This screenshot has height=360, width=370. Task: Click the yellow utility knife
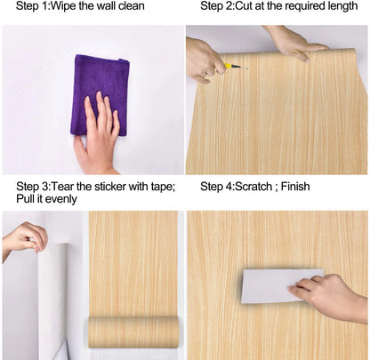coord(236,65)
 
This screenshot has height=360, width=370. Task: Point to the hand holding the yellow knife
coord(206,60)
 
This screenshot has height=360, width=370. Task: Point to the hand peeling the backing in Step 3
coord(25,237)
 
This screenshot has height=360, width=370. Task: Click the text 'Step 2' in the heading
coord(219,6)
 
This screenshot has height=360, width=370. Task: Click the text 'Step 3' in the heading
coord(35,187)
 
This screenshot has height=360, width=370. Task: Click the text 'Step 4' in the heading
coord(219,187)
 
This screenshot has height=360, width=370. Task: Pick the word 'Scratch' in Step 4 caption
coord(262,187)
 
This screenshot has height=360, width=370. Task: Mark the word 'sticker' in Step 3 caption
coord(105,187)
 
